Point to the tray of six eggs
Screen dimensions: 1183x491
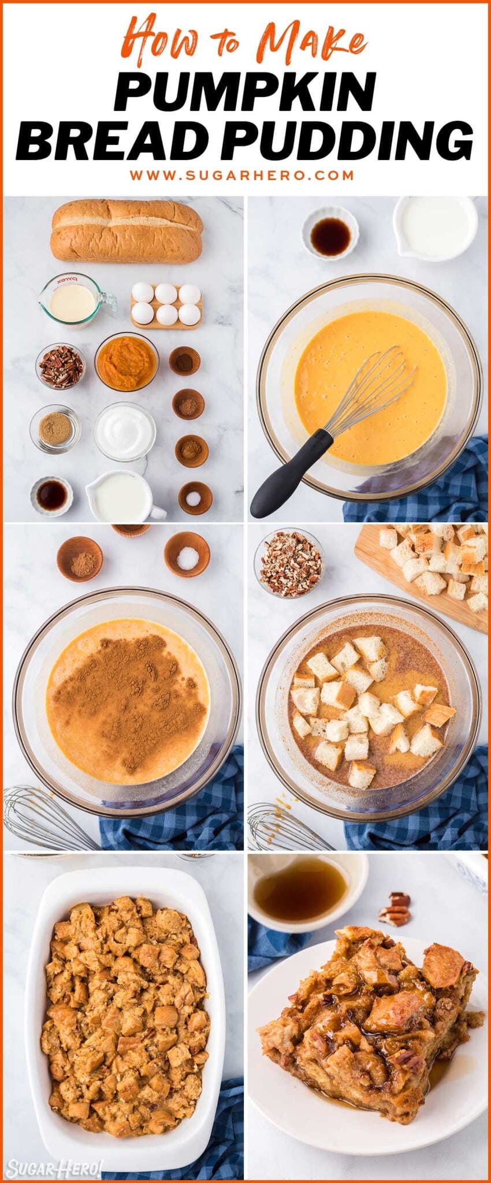pos(166,304)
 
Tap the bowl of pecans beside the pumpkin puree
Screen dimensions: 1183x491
pos(61,366)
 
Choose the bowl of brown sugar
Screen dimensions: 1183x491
pos(55,428)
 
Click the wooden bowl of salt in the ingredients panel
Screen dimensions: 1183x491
pos(195,497)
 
